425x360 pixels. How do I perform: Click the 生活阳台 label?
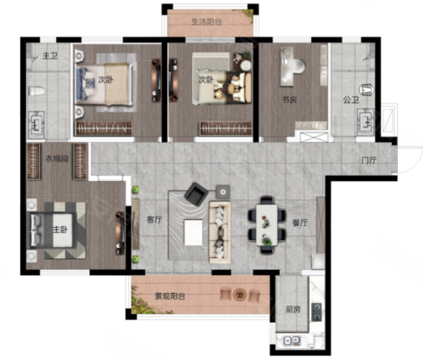[207, 22]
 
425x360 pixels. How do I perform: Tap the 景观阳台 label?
[170, 296]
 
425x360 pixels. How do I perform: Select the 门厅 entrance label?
[369, 160]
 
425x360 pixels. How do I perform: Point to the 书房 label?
[289, 99]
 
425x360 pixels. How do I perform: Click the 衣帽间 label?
[57, 159]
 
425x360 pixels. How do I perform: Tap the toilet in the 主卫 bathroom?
[37, 91]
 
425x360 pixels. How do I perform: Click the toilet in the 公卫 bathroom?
[366, 89]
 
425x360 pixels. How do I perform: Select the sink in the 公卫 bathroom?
[365, 121]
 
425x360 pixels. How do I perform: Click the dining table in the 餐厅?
[267, 225]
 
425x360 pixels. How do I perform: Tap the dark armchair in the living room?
[196, 194]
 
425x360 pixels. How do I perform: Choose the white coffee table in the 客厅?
[194, 233]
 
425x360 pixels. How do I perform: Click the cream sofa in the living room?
[220, 232]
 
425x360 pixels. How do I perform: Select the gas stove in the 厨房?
[316, 312]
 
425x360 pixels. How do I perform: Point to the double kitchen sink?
[292, 340]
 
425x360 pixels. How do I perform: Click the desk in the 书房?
[287, 67]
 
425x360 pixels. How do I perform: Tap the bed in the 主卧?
[53, 230]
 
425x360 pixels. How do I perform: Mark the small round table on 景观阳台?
[240, 295]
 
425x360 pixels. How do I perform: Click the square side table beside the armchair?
[223, 192]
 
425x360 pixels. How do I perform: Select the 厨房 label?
[293, 309]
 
